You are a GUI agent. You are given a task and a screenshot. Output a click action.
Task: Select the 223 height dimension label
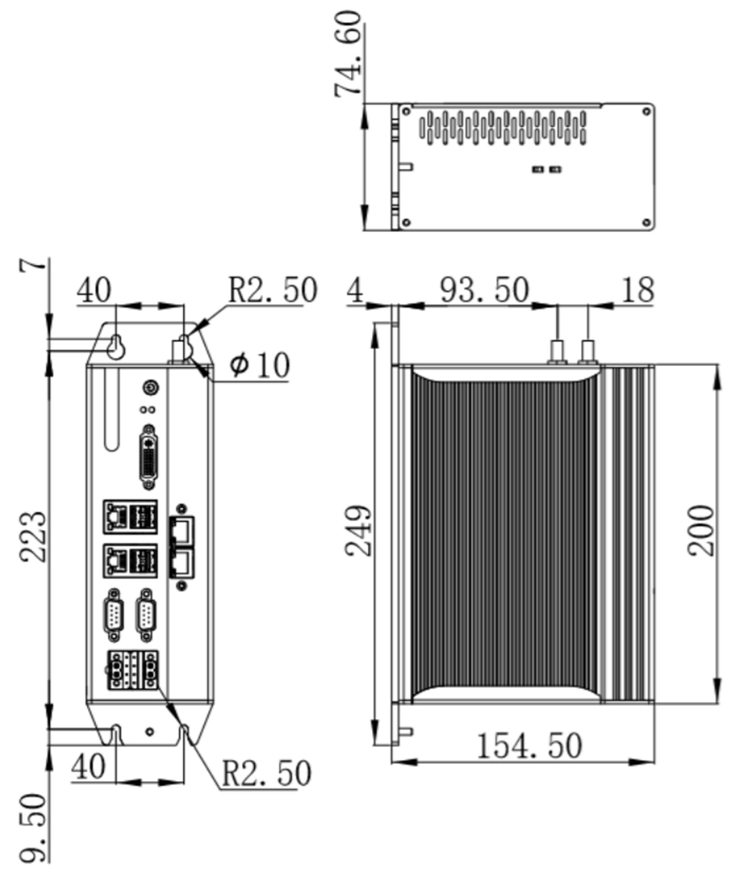tap(33, 536)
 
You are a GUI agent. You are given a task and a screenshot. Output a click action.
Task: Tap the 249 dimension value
tap(359, 531)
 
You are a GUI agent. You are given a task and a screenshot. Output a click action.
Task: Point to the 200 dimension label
tap(701, 531)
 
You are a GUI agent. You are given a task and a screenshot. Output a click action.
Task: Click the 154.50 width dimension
tap(528, 746)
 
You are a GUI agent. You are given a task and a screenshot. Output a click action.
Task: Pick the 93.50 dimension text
tap(484, 291)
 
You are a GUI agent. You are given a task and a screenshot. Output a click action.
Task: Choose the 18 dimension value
tap(637, 291)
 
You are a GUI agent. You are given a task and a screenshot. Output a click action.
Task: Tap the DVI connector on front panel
tap(149, 457)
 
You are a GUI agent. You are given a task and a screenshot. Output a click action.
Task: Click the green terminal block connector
tap(133, 670)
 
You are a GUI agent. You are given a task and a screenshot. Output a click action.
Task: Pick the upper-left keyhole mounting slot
tap(116, 347)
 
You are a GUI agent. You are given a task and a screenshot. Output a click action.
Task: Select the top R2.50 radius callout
tap(273, 291)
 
